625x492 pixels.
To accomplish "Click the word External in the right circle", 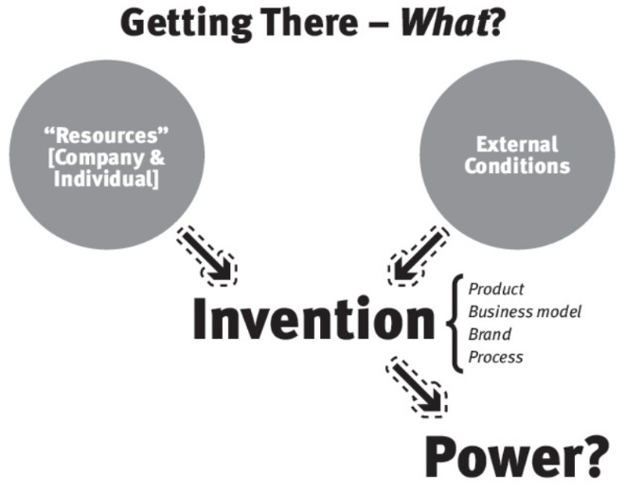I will point(517,145).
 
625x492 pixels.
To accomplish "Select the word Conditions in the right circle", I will point(517,167).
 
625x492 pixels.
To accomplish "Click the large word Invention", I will point(312,322).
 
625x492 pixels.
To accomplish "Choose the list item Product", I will point(496,289).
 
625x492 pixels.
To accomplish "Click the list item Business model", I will point(525,311).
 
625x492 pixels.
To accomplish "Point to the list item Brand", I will point(490,334).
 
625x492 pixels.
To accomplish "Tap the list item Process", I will point(495,357).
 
